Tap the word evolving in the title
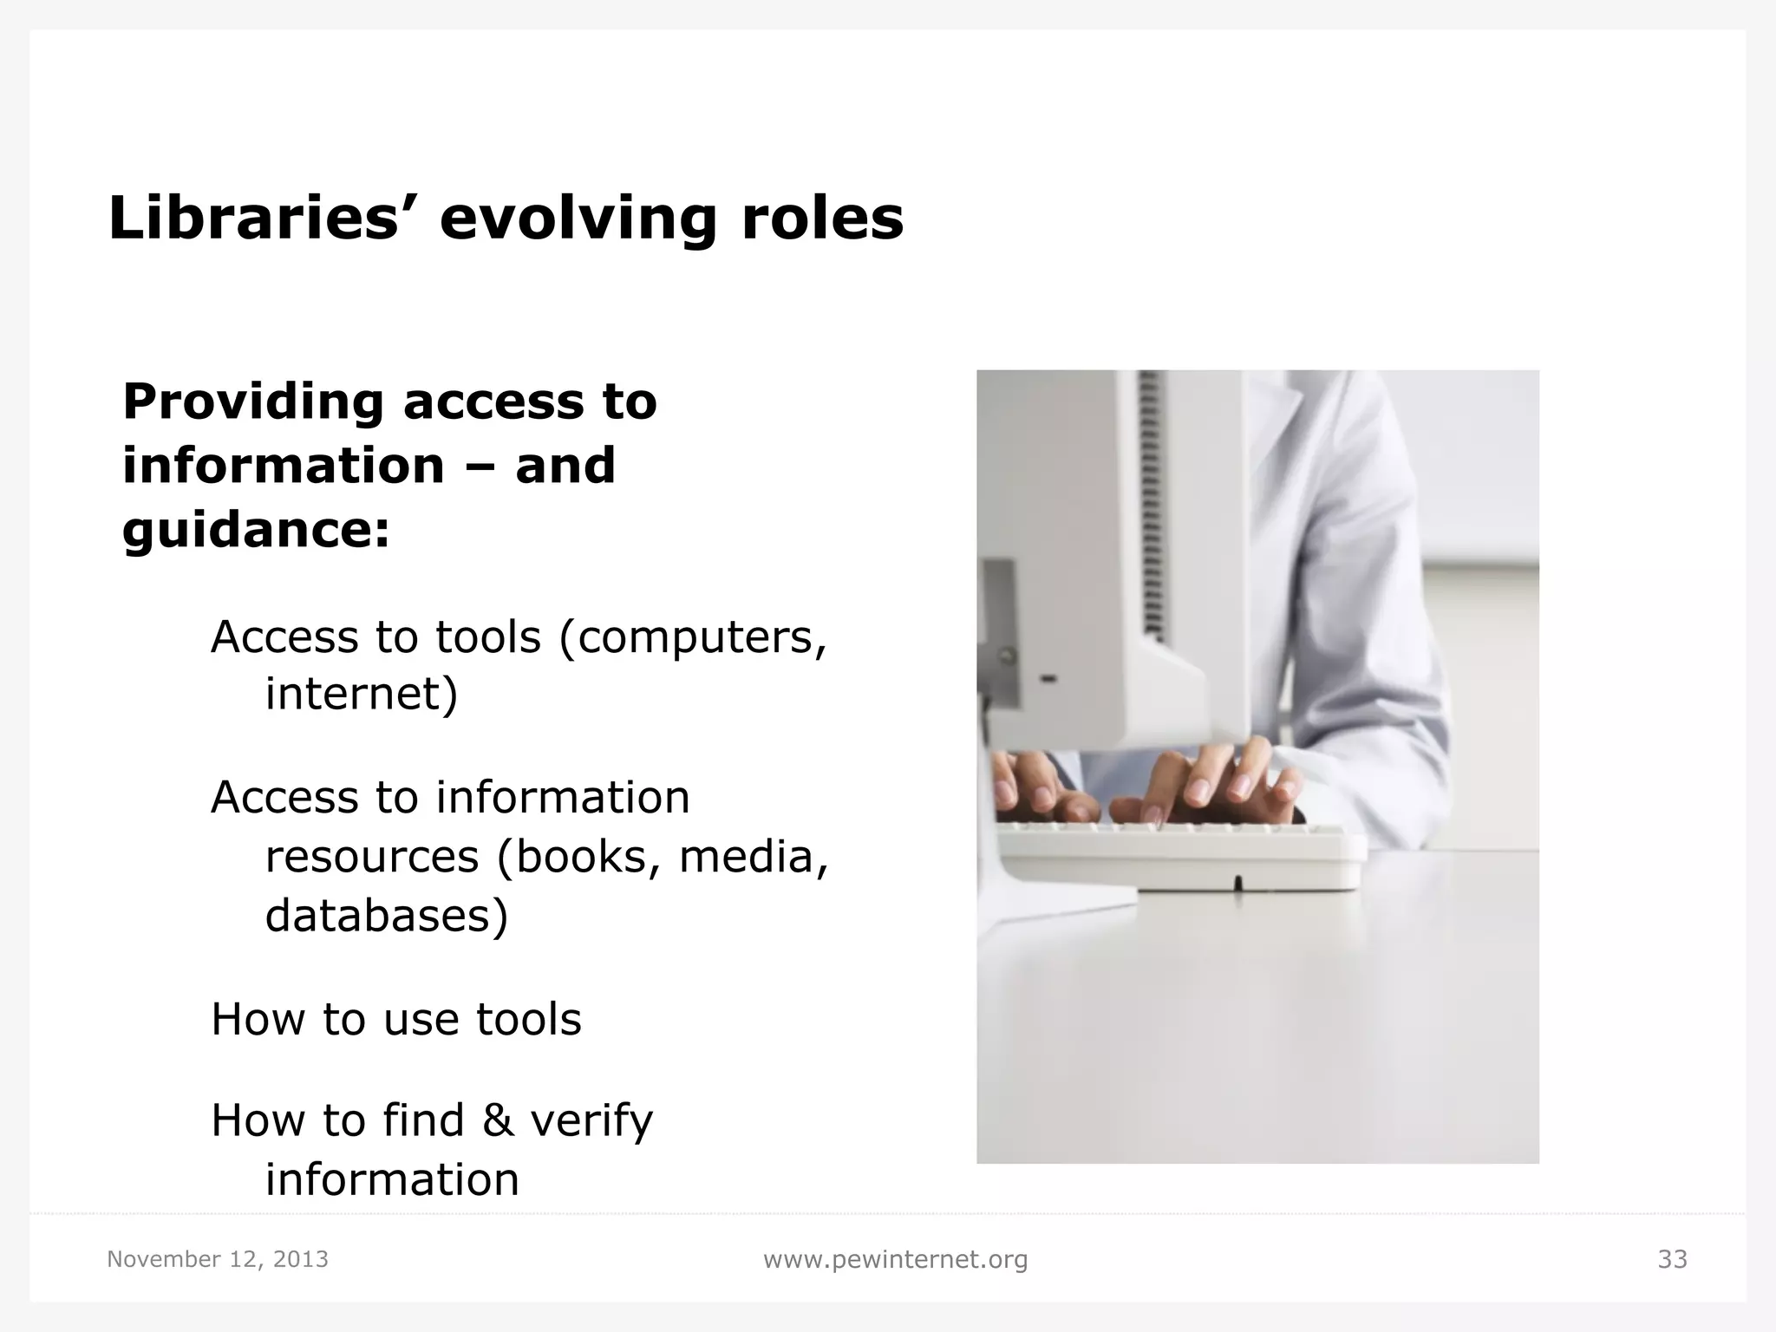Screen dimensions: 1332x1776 [x=579, y=219]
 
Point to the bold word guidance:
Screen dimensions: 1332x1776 [x=257, y=531]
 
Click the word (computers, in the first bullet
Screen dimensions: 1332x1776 [x=693, y=638]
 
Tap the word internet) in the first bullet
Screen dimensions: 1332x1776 [x=361, y=694]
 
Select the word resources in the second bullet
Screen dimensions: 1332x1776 [x=371, y=857]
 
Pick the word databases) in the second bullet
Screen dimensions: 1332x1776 [x=386, y=916]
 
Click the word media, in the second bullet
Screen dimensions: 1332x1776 [x=753, y=857]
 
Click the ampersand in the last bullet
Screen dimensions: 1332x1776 [x=498, y=1120]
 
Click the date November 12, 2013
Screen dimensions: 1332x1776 [x=218, y=1259]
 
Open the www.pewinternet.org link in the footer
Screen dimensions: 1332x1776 [x=895, y=1259]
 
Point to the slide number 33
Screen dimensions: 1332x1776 [x=1672, y=1259]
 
